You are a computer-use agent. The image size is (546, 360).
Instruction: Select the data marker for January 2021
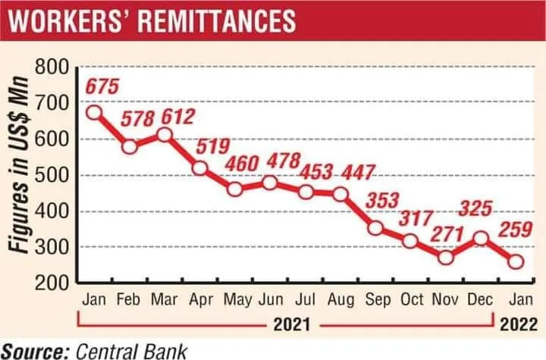click(94, 112)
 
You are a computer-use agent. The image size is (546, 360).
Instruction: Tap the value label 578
click(137, 119)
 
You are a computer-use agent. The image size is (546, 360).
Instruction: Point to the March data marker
click(165, 135)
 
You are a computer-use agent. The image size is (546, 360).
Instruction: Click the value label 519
click(213, 146)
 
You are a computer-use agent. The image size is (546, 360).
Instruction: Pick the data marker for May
click(235, 189)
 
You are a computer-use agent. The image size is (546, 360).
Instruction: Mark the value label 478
click(284, 161)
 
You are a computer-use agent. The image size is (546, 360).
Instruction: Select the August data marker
click(340, 194)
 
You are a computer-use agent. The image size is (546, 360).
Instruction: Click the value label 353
click(382, 200)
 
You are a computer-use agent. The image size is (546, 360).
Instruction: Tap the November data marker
click(446, 258)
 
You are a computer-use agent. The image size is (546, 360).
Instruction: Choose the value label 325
click(475, 208)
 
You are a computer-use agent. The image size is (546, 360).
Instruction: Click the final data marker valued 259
click(516, 261)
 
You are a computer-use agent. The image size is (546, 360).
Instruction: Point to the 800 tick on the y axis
click(52, 67)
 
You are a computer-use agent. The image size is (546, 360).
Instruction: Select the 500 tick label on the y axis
click(52, 175)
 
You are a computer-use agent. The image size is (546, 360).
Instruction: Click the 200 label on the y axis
click(52, 283)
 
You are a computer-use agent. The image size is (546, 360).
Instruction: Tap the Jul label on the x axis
click(306, 299)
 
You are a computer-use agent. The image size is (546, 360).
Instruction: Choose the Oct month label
click(412, 299)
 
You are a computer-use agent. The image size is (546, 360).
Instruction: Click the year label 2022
click(519, 325)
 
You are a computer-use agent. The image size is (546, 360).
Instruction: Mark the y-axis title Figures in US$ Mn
click(18, 164)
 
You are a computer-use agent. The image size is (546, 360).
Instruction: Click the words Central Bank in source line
click(131, 351)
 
